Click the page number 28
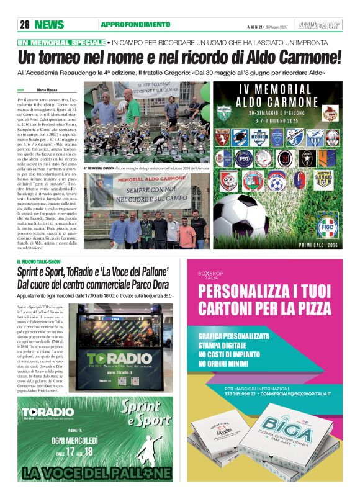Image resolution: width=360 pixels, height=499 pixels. point(25,25)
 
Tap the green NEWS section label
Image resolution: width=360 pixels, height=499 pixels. point(50,25)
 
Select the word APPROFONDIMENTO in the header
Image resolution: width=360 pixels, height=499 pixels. point(135,25)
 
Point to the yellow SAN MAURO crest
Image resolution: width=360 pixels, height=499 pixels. point(323,179)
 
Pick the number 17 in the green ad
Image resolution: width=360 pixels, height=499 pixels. point(70,451)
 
